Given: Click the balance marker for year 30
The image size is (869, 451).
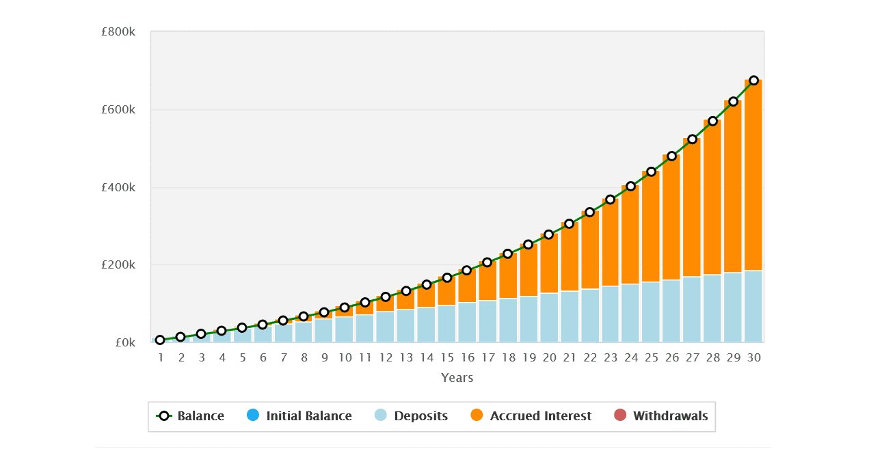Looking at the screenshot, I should tap(753, 80).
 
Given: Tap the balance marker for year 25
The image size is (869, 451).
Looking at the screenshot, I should tap(651, 172).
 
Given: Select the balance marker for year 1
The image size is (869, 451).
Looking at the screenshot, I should tap(160, 340).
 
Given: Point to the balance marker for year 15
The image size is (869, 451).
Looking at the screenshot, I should tap(446, 277).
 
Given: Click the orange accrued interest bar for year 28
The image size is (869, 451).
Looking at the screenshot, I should tap(712, 198).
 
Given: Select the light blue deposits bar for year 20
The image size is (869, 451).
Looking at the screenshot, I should tap(548, 317).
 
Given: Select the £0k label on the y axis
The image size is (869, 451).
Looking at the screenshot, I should tap(124, 342).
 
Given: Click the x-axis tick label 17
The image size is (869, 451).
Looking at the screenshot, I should tap(487, 357).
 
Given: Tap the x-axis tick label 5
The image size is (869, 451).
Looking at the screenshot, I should tap(242, 357).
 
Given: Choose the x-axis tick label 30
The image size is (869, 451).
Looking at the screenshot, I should tap(753, 357).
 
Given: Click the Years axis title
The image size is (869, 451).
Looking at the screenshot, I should tap(457, 377).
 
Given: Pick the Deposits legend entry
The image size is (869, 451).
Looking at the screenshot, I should tap(412, 415).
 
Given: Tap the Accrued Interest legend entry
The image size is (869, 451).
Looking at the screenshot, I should tap(531, 415).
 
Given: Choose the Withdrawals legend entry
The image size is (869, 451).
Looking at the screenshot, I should tap(660, 415).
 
